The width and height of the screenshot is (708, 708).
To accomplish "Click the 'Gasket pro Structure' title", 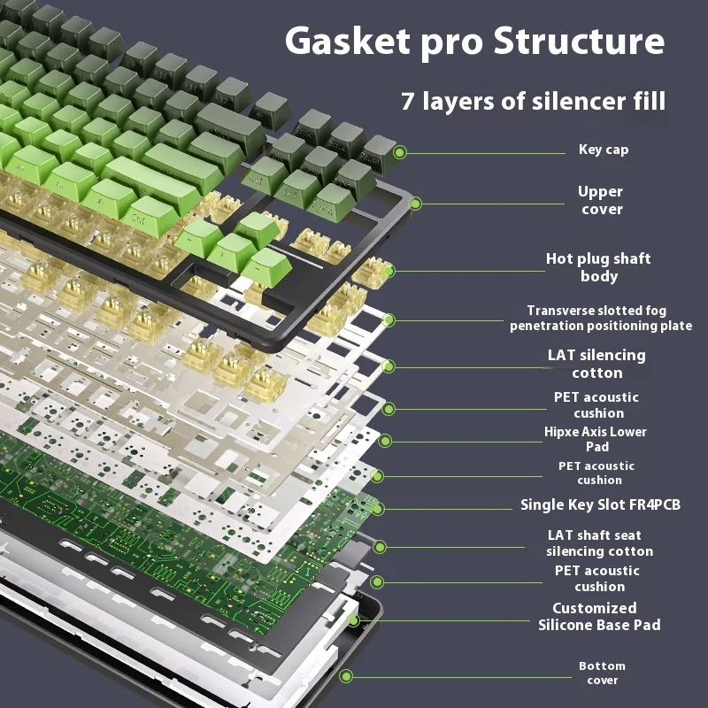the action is (474, 42).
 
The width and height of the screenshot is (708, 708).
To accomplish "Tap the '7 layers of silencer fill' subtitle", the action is (533, 100).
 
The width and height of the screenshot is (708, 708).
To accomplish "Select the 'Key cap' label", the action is (604, 150).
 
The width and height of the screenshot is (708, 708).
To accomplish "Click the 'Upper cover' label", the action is (601, 200).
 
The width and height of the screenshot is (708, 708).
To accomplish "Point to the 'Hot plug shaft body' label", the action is (598, 267).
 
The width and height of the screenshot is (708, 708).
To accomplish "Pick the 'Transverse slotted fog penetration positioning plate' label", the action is (601, 319).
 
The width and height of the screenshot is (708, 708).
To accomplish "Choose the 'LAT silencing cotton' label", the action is (596, 364).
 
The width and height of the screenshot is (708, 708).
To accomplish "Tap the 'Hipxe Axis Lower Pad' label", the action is (596, 439).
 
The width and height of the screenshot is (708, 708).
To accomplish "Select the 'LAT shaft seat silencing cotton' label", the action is (599, 543).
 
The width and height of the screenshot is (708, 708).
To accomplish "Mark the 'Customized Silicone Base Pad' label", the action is (599, 616).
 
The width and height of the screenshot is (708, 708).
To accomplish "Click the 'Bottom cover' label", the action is (602, 673).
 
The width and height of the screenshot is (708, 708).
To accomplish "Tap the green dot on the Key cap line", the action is (400, 152).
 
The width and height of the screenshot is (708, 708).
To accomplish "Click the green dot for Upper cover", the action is (416, 204).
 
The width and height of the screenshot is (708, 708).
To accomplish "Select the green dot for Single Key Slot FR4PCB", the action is (378, 509).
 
